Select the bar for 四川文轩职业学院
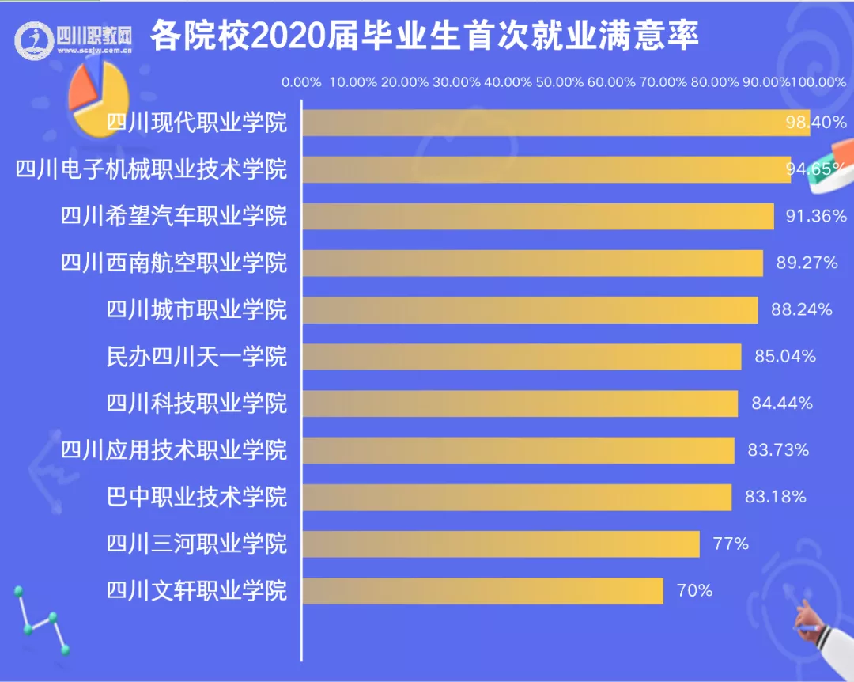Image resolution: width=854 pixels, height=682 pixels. pyautogui.click(x=482, y=590)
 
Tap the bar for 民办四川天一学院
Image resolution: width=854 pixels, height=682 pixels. pyautogui.click(x=522, y=357)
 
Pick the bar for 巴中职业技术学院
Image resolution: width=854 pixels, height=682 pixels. pyautogui.click(x=517, y=497)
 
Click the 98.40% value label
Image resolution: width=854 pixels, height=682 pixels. pyautogui.click(x=816, y=123)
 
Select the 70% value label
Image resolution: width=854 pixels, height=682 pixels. pyautogui.click(x=694, y=590)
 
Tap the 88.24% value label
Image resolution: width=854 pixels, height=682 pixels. pyautogui.click(x=801, y=310)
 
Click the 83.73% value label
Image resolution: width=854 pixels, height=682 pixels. pyautogui.click(x=778, y=450)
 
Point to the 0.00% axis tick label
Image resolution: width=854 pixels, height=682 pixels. pyautogui.click(x=301, y=81)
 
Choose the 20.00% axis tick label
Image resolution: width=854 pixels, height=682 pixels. pyautogui.click(x=404, y=81)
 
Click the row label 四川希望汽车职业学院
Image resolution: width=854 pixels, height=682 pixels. pyautogui.click(x=174, y=216)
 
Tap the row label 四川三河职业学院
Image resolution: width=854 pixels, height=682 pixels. pyautogui.click(x=197, y=544)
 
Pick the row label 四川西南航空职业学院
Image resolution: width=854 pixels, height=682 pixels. pyautogui.click(x=174, y=263)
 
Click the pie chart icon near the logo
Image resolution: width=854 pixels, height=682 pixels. pyautogui.click(x=98, y=97)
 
